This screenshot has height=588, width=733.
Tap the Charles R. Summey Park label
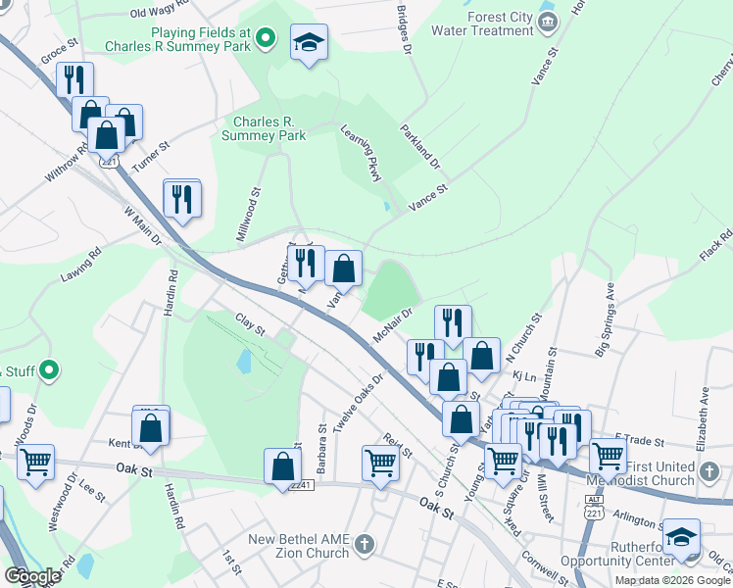(x=265, y=128)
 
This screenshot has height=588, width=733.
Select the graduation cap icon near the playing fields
(x=310, y=42)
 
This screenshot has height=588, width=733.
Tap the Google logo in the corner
(x=32, y=576)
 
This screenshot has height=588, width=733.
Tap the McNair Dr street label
(x=395, y=323)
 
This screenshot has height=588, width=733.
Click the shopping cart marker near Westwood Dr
(x=35, y=461)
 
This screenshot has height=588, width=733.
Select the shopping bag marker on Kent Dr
(x=151, y=428)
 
